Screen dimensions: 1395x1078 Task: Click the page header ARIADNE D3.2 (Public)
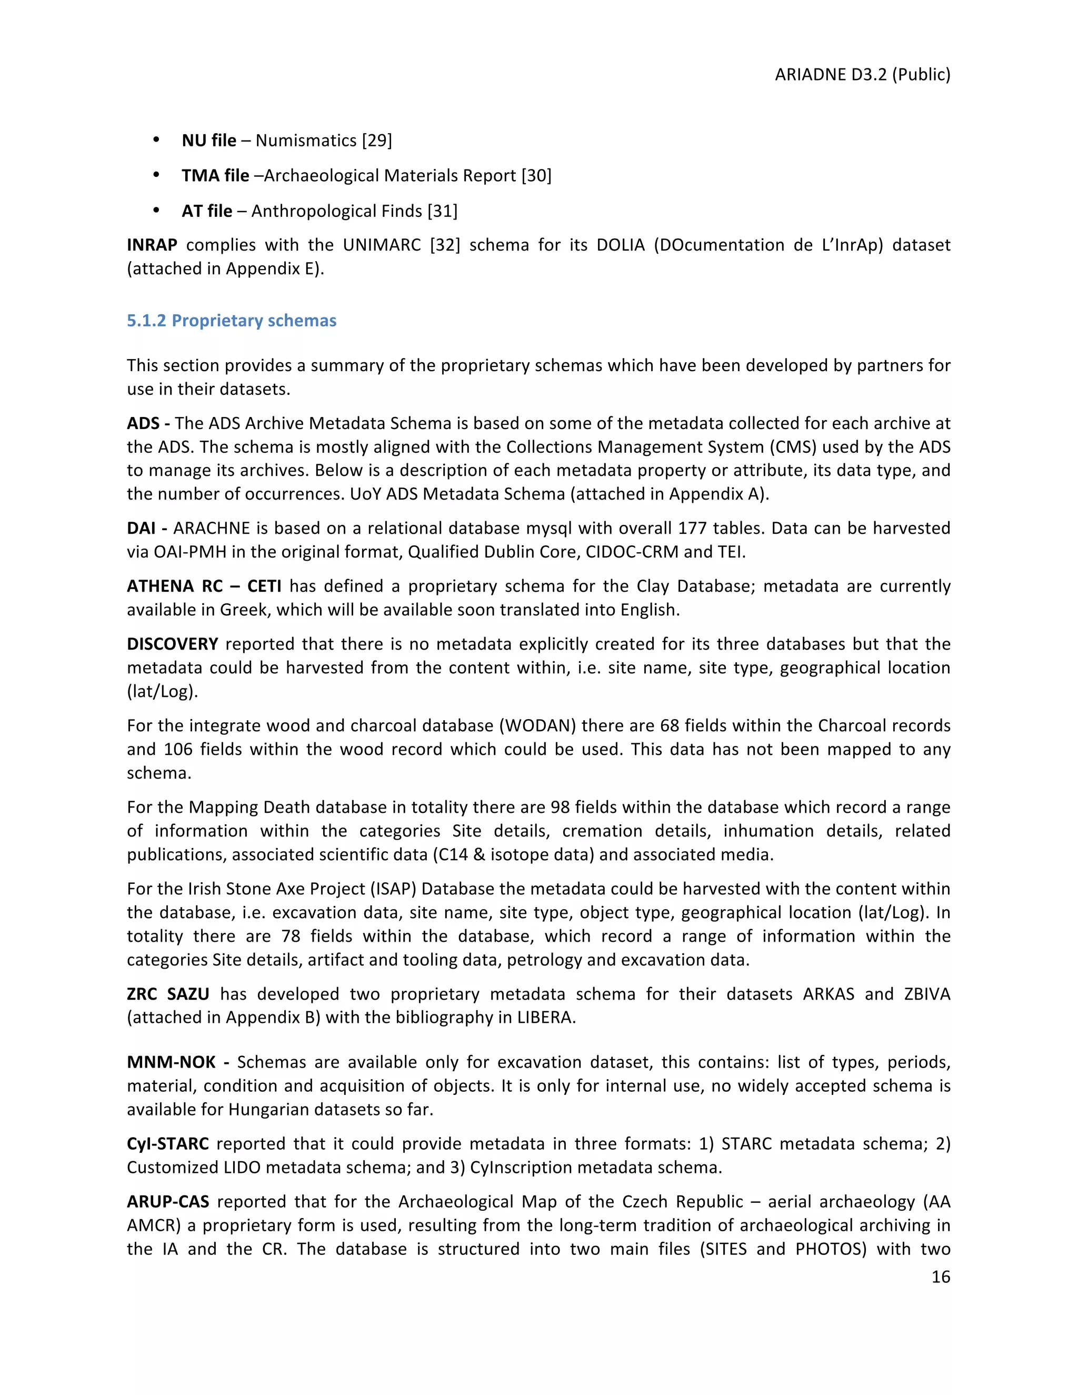(862, 75)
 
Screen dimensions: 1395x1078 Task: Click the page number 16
(940, 1276)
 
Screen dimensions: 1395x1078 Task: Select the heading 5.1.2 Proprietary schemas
(231, 320)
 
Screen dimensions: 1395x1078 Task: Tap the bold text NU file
(209, 141)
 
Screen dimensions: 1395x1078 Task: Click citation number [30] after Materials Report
(536, 176)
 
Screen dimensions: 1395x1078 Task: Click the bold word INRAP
(152, 245)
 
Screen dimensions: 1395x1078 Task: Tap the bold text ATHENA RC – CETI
(204, 586)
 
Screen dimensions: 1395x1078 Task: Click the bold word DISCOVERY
(173, 644)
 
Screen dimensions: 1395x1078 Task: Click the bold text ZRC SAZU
(168, 994)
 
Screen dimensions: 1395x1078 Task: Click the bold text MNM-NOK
(171, 1062)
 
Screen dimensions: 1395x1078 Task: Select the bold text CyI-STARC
(167, 1143)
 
